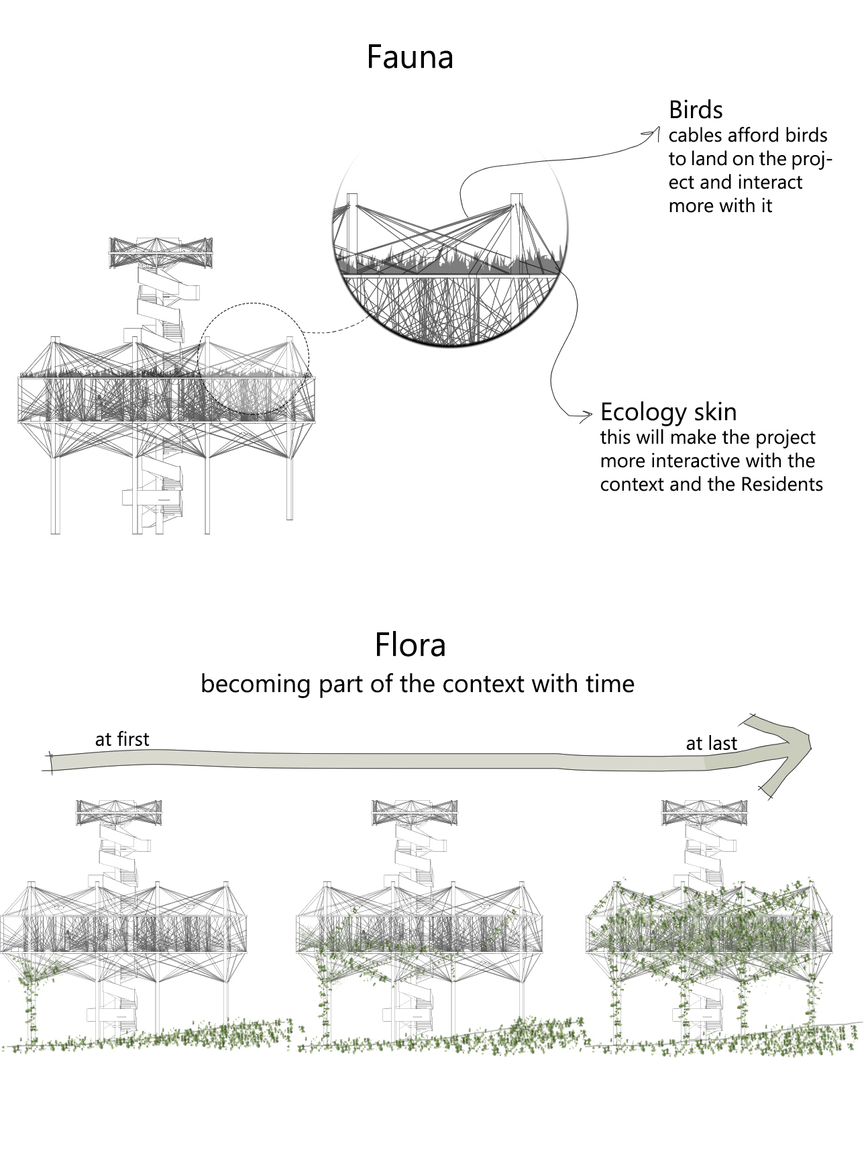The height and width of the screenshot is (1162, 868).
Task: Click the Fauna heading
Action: (x=410, y=58)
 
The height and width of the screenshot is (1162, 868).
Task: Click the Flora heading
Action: (x=410, y=645)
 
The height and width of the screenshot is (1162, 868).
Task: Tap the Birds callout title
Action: (x=696, y=110)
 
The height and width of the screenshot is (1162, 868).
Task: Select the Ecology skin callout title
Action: (x=668, y=412)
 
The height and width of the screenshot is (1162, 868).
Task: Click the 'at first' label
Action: (x=122, y=740)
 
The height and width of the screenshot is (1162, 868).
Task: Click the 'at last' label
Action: (x=711, y=744)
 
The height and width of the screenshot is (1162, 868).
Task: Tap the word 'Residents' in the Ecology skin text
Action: (x=781, y=485)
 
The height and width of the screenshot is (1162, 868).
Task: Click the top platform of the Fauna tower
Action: (x=161, y=252)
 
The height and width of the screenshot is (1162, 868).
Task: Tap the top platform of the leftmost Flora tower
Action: (x=119, y=812)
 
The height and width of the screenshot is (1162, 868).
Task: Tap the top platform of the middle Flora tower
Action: (x=415, y=812)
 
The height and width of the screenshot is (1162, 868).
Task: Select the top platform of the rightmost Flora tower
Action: (x=704, y=812)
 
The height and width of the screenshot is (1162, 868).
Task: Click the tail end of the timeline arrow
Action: (x=52, y=763)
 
